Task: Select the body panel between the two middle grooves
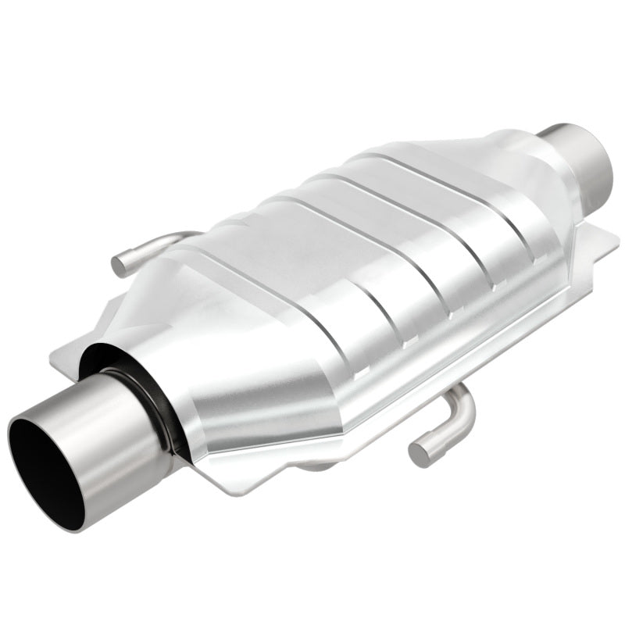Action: click(x=367, y=250)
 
